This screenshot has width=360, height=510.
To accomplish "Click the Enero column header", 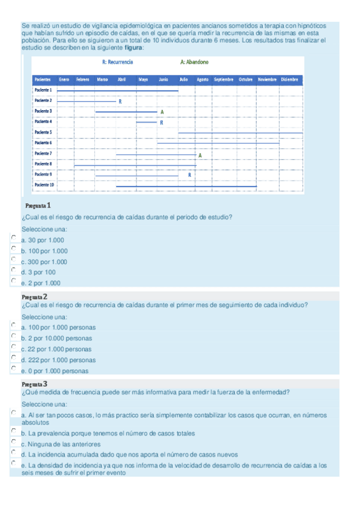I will coord(64,79).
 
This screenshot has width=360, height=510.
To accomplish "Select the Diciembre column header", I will coord(289,79).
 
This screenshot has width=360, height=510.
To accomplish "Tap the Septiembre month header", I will coord(224,79).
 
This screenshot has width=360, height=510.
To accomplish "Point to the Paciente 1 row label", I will coord(43,90).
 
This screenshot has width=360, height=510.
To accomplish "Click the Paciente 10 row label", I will coord(44,185).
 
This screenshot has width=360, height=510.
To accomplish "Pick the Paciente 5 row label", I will coord(43,132).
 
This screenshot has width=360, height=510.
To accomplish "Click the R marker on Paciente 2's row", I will coord(120,101).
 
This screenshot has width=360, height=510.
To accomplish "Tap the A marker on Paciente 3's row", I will coord(162,112).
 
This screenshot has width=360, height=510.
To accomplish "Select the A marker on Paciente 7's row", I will coord(200,155).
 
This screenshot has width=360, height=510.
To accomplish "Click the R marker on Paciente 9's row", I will coord(189,174).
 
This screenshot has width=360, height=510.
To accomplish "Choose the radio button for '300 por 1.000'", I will coord(14,260).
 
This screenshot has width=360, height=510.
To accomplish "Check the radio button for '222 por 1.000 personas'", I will coord(14,358).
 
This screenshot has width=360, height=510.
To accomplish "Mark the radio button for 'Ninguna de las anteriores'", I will coord(14,442).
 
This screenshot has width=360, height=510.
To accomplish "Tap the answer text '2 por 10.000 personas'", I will coord(59,338).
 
